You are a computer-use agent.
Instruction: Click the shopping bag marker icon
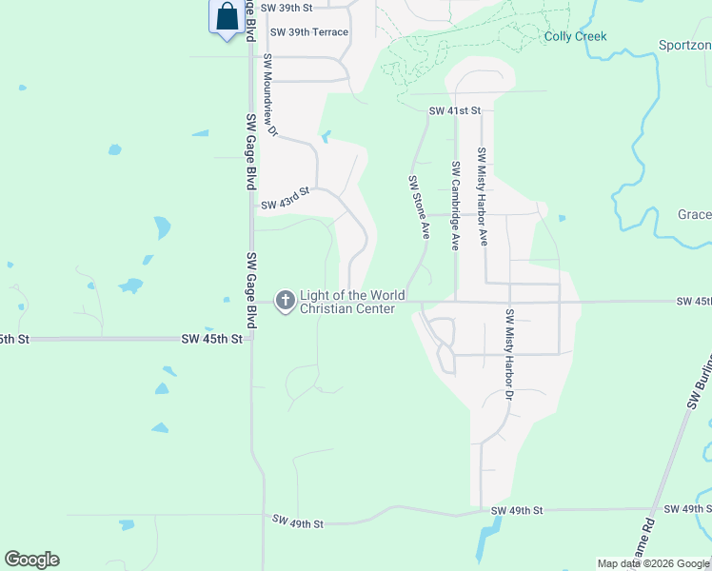tap(227, 17)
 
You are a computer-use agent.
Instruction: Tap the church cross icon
tap(285, 302)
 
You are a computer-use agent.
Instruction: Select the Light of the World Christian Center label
tap(351, 302)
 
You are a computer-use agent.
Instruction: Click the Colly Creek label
tap(575, 37)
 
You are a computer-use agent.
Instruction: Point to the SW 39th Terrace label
tap(309, 32)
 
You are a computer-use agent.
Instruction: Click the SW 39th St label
tap(287, 7)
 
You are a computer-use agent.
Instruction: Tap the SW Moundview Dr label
tap(269, 95)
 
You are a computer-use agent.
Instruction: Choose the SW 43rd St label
tap(286, 198)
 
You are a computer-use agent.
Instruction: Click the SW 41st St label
tap(455, 111)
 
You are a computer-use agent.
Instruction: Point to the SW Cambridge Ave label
tap(455, 206)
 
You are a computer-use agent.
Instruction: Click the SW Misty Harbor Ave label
tap(483, 196)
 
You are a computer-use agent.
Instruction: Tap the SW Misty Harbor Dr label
tap(509, 353)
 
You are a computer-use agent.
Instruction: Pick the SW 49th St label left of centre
tap(298, 522)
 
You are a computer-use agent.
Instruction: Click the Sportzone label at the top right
tap(684, 45)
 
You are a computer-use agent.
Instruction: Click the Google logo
tap(31, 560)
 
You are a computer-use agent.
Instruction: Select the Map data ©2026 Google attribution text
tap(652, 563)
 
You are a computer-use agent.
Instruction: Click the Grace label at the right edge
tap(694, 215)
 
